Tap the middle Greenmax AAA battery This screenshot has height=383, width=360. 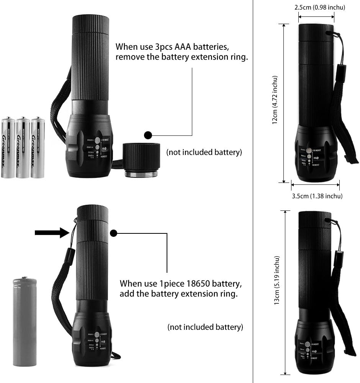point(23,147)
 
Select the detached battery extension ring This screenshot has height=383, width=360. point(141,160)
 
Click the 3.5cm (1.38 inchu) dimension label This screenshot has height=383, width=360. point(317,196)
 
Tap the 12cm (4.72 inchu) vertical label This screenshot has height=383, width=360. point(274,100)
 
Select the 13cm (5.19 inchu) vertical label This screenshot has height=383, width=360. point(277,280)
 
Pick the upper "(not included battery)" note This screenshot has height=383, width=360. point(204,152)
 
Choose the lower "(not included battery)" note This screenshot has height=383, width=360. point(205,327)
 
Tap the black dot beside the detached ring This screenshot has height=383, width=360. point(148,135)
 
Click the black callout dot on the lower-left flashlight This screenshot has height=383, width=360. point(113,233)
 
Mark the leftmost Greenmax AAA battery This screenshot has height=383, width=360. point(8,147)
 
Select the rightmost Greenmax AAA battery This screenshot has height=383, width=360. point(38,147)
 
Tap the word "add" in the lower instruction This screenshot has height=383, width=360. point(126,294)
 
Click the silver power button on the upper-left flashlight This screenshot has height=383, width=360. point(97,140)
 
